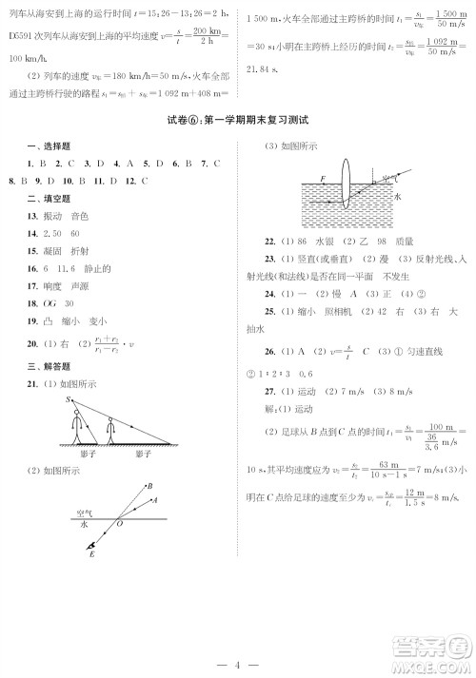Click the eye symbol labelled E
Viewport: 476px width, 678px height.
pyautogui.click(x=89, y=546)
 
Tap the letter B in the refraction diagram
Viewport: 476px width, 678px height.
pyautogui.click(x=149, y=486)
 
